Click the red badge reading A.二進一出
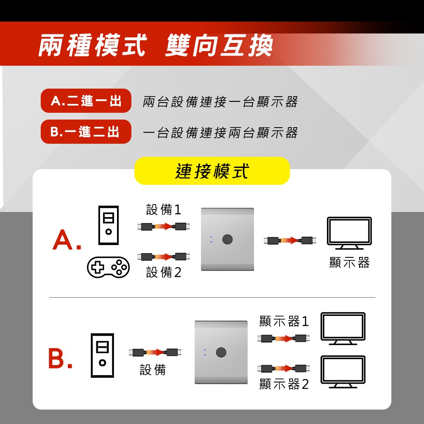coord(86,100)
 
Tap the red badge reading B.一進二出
coord(86,132)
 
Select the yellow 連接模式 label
coord(212,171)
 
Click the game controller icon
coord(108,267)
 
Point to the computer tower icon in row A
coord(109,225)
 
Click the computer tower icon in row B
coord(102,355)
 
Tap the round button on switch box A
coord(227,239)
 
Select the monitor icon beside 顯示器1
coord(343,329)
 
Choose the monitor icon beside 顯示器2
coord(343,372)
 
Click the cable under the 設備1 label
coord(164,226)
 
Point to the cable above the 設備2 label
coord(164,257)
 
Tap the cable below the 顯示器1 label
coord(284,338)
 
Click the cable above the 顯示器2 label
coord(284,368)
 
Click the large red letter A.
coord(63,240)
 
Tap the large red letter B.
coord(57,358)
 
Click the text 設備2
coord(164,272)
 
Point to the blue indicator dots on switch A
coord(211,239)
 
